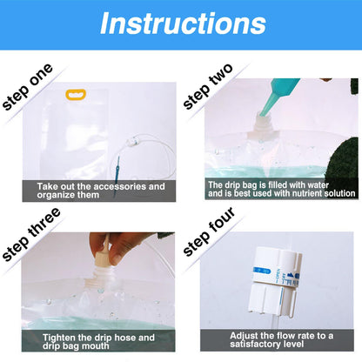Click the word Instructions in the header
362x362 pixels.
tap(182, 23)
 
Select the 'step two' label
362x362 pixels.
tap(209, 84)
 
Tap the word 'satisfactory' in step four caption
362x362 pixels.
tap(255, 345)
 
